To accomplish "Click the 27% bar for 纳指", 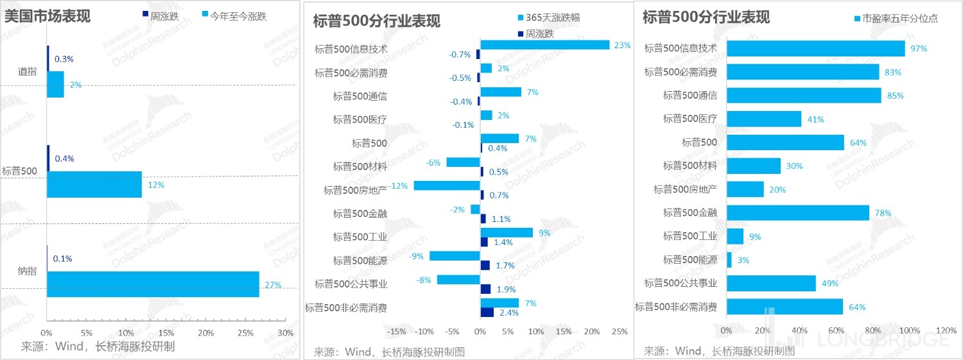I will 153,284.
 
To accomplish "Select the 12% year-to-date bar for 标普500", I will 94,184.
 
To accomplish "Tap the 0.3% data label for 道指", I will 64,59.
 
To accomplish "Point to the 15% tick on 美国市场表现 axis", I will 166,333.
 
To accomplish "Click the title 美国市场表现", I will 47,16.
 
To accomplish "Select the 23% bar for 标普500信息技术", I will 544,45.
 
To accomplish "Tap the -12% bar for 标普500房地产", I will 447,185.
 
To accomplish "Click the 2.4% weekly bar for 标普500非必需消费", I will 487,313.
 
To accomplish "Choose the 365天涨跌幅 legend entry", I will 552,18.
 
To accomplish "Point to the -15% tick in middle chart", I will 397,332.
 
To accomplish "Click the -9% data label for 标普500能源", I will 417,256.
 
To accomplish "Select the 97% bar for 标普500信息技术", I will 815,49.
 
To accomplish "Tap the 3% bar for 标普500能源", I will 729,260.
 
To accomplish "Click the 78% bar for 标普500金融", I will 798,213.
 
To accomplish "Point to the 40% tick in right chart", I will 799,330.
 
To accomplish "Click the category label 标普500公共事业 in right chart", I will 681,283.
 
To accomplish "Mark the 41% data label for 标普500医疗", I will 815,119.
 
